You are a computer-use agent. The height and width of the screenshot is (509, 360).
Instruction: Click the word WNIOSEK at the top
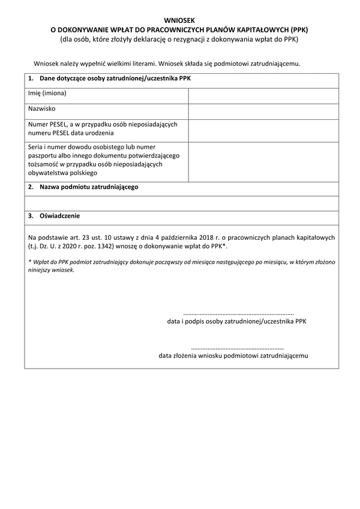[179, 20]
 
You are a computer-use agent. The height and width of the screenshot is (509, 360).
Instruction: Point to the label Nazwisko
[42, 110]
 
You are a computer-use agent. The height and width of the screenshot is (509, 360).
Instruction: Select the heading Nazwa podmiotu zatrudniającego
[89, 188]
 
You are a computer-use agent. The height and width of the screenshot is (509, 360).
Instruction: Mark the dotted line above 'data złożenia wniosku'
[237, 348]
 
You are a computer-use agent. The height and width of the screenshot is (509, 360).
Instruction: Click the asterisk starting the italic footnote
[29, 262]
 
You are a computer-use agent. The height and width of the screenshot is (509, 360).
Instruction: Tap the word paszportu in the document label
[43, 155]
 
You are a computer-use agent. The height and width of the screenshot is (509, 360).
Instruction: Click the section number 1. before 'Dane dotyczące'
[31, 79]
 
